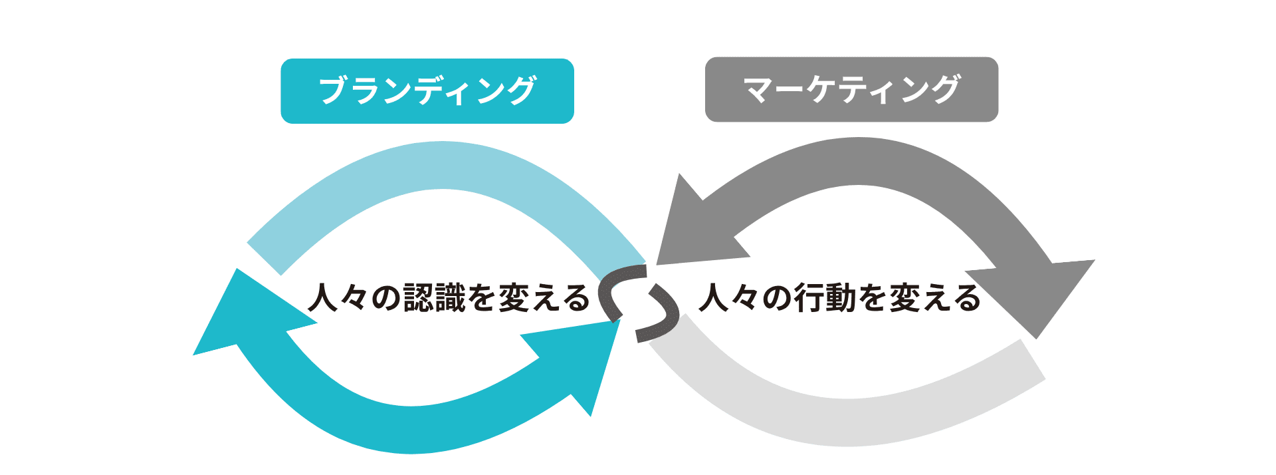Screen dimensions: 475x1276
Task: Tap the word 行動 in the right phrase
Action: tap(825, 297)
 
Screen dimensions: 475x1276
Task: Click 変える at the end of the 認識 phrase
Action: tap(544, 297)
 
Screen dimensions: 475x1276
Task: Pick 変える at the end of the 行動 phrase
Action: tap(934, 297)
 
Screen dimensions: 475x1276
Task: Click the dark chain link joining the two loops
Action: tap(639, 303)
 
